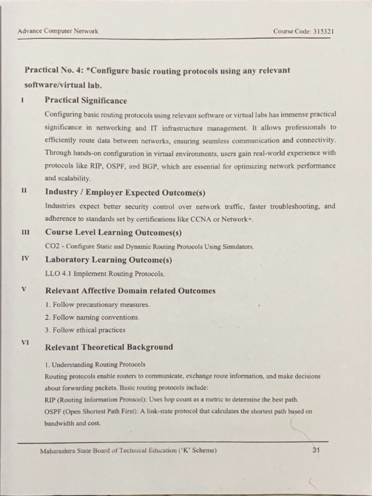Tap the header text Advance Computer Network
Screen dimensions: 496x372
point(58,31)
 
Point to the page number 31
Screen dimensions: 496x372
point(316,450)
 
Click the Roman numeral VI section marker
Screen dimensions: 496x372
point(25,342)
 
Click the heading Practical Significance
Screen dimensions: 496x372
point(86,101)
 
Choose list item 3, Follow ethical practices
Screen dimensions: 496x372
point(85,330)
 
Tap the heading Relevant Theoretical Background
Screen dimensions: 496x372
point(108,347)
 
